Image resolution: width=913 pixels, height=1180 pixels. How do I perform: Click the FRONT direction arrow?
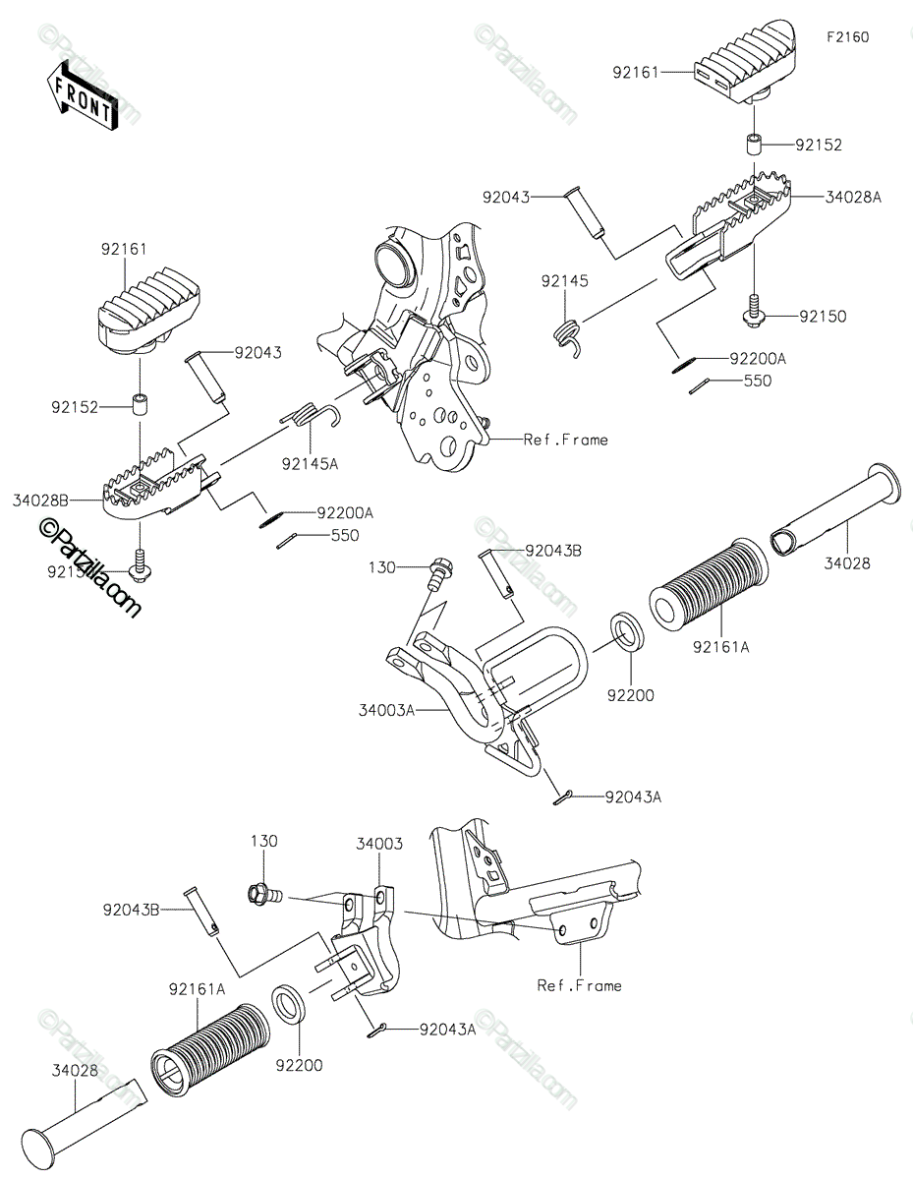[82, 92]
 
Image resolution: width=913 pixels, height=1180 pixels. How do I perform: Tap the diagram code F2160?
[847, 37]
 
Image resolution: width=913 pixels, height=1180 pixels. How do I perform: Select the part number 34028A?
[853, 197]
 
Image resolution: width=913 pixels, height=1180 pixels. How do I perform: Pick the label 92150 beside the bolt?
[822, 317]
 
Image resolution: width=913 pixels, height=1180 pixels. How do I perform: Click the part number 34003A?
[385, 709]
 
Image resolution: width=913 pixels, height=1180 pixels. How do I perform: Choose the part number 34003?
[378, 844]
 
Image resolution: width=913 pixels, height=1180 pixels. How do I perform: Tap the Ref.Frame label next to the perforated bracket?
[565, 440]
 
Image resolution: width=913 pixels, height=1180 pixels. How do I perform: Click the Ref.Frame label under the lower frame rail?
[579, 984]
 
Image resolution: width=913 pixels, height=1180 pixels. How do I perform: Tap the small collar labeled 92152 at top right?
[755, 146]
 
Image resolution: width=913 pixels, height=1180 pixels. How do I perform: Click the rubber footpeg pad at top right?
[747, 61]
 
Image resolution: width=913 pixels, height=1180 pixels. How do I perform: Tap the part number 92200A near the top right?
[757, 361]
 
